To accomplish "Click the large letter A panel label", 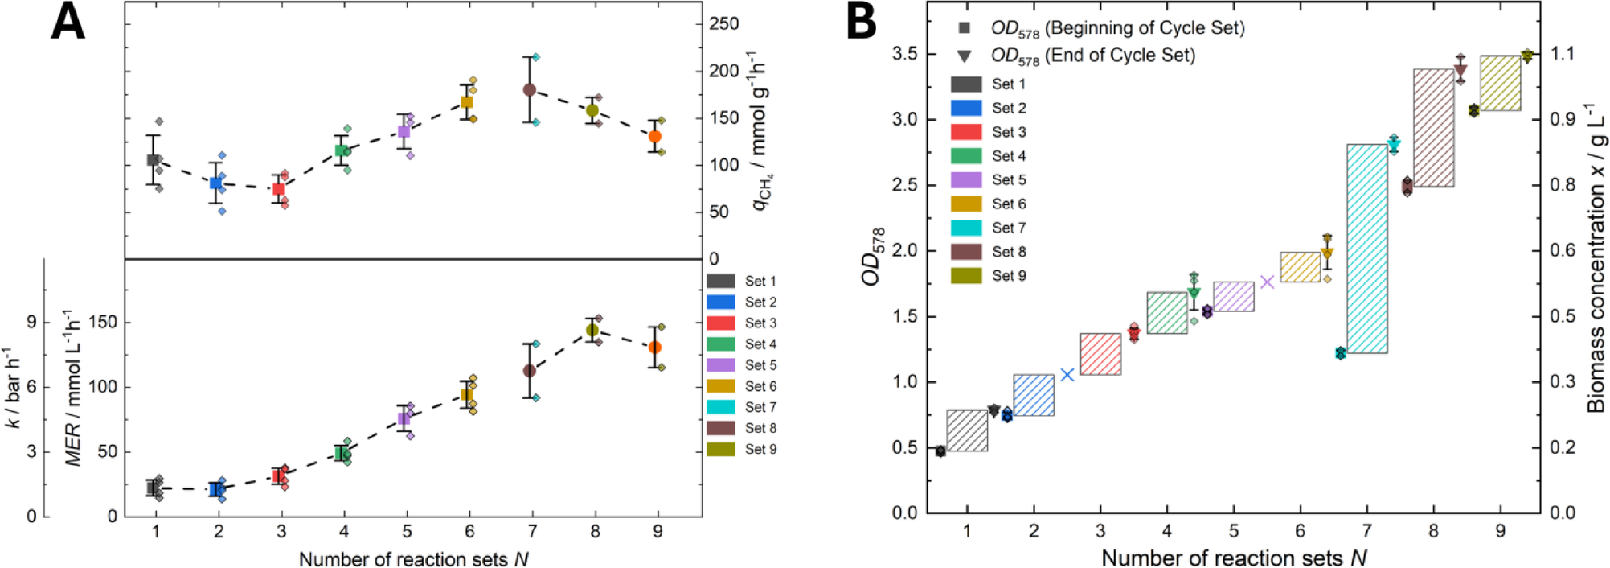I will point(68,23).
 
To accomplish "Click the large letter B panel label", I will point(861,23).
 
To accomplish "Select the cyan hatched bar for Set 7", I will point(1366,249).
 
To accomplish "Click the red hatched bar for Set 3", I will point(1100,354).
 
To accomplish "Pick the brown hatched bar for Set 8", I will point(1433,128).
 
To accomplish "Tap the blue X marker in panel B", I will point(1067,375).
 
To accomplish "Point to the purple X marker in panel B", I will point(1267,282).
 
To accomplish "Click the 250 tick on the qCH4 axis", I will point(723,23).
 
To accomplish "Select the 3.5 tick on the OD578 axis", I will point(907,54).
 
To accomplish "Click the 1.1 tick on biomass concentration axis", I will point(1562,54).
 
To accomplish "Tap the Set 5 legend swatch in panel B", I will point(965,180).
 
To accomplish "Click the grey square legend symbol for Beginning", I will point(965,28).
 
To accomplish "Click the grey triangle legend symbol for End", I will point(965,56).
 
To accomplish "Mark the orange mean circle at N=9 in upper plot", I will point(655,137).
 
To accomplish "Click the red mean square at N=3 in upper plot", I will point(278,189).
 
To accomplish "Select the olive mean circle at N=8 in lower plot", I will point(592,330).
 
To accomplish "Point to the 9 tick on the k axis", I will point(31,323).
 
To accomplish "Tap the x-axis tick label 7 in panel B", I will point(1366,532).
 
